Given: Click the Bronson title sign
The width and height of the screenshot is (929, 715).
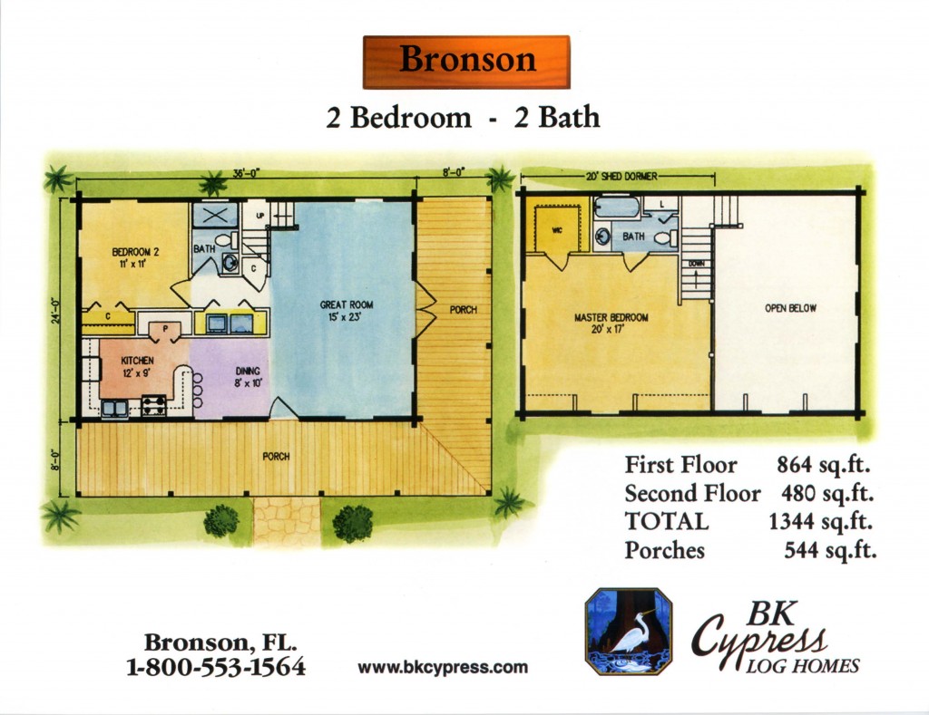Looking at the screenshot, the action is click(466, 63).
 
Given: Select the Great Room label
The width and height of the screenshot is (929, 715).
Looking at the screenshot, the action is click(347, 310).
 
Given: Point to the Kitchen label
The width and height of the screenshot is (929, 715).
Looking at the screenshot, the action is click(138, 366).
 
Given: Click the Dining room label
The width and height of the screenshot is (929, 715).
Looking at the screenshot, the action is click(248, 377).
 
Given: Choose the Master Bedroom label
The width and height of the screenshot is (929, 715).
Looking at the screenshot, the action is click(611, 324).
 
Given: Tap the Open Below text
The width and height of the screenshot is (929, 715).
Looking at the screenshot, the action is click(790, 308).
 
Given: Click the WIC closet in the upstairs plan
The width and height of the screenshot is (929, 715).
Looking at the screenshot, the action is click(557, 229).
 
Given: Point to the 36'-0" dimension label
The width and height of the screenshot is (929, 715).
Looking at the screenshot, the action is click(247, 173).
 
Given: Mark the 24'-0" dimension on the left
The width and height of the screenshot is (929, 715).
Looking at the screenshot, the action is click(55, 310).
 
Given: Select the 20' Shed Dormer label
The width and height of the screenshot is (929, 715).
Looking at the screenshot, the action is click(621, 177).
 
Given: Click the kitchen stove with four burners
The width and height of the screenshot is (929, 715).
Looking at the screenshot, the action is click(153, 406).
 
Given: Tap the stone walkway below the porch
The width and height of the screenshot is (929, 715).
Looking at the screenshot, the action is click(287, 521).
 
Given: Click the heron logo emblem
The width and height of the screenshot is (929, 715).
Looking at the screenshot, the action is click(629, 632).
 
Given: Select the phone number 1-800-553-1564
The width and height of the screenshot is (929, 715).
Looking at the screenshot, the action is click(216, 667).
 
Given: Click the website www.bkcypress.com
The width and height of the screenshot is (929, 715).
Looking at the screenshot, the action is click(443, 668).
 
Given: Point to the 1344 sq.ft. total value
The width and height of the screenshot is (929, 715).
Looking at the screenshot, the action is click(820, 521).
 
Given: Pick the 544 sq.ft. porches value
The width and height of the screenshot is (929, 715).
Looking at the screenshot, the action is click(830, 550).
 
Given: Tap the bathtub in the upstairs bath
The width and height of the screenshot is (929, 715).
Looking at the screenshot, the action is click(617, 208).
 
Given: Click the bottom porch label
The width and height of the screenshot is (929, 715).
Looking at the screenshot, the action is click(276, 457).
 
